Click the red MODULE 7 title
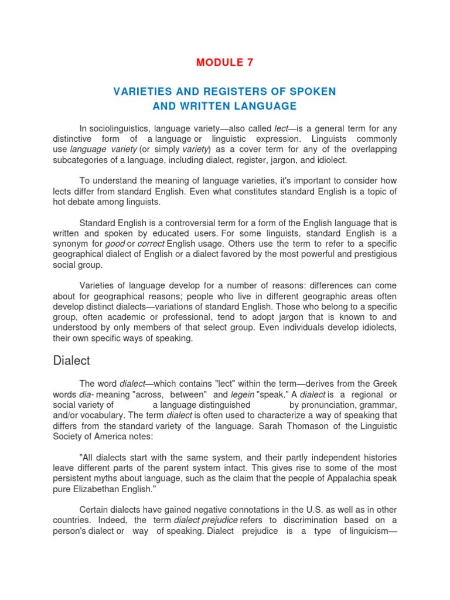[x=225, y=63]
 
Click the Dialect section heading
[x=71, y=360]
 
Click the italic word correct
[x=151, y=244]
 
